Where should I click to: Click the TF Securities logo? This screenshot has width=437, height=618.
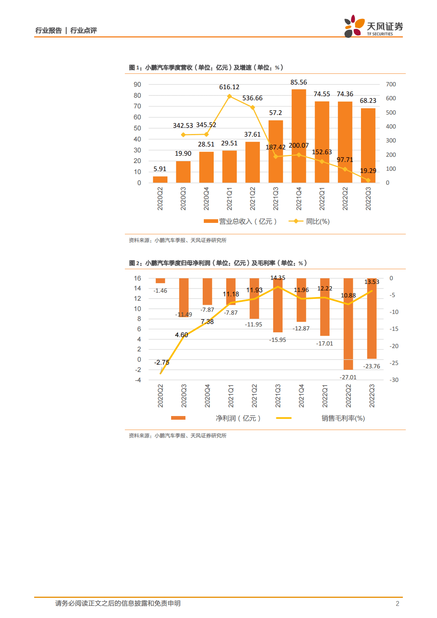pyautogui.click(x=373, y=26)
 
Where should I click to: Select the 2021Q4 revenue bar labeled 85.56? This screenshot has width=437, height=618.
pyautogui.click(x=299, y=136)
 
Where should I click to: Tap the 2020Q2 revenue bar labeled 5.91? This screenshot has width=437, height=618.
pyautogui.click(x=160, y=180)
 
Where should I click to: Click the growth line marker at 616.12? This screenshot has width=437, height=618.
pyautogui.click(x=230, y=96)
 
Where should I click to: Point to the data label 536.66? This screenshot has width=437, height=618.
pyautogui.click(x=252, y=98)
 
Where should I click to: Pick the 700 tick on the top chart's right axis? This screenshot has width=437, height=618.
pyautogui.click(x=391, y=84)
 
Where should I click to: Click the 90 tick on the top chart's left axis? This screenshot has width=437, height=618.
pyautogui.click(x=137, y=84)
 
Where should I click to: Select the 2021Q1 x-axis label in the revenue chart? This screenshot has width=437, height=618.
pyautogui.click(x=230, y=199)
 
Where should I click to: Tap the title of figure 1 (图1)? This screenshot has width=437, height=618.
pyautogui.click(x=206, y=68)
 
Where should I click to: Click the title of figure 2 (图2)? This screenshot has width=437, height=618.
pyautogui.click(x=218, y=263)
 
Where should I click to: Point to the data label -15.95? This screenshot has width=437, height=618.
pyautogui.click(x=277, y=340)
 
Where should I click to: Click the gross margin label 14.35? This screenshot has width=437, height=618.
pyautogui.click(x=278, y=278)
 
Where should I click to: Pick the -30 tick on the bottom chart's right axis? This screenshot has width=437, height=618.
pyautogui.click(x=394, y=380)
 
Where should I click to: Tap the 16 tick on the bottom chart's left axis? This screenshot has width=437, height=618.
pyautogui.click(x=137, y=278)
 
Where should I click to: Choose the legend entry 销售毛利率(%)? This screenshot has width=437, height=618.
pyautogui.click(x=343, y=418)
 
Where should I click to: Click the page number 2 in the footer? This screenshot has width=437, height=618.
pyautogui.click(x=397, y=603)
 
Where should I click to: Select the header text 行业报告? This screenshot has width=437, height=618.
pyautogui.click(x=48, y=30)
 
